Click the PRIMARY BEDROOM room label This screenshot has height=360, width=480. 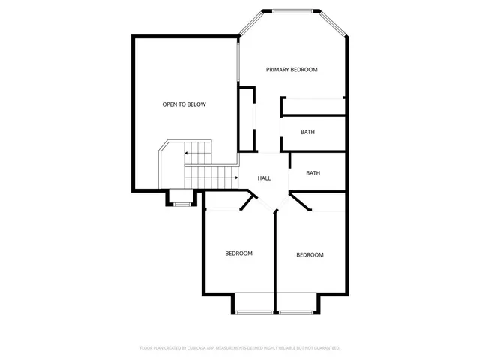pyautogui.click(x=292, y=69)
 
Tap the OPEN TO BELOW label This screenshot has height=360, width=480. pyautogui.click(x=184, y=104)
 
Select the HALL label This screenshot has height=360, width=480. pyautogui.click(x=264, y=178)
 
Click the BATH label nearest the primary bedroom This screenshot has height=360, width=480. pyautogui.click(x=307, y=132)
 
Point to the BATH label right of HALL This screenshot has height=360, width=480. pyautogui.click(x=313, y=173)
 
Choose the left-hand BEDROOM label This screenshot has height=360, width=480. pyautogui.click(x=238, y=253)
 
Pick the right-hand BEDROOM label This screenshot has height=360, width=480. pyautogui.click(x=310, y=255)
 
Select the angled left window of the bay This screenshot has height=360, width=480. pyautogui.click(x=251, y=22)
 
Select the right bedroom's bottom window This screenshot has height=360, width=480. pyautogui.click(x=297, y=312)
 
